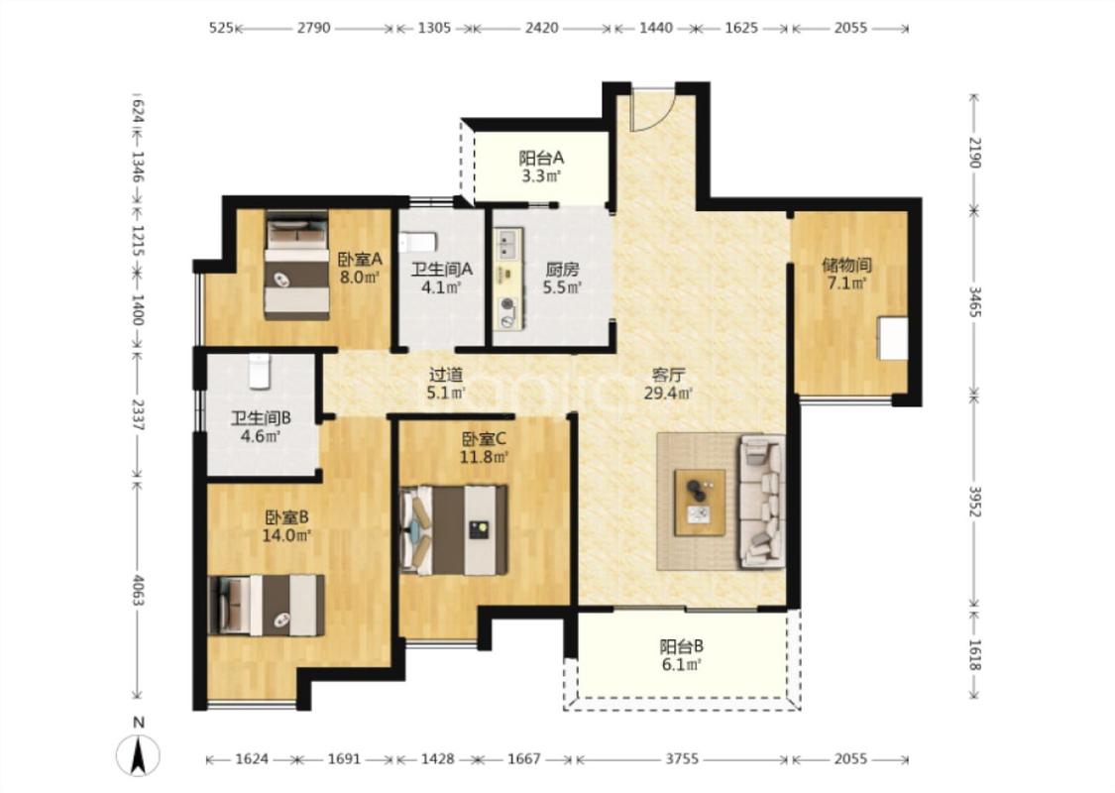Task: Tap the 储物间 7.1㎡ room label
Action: tap(846, 274)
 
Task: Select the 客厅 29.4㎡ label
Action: tap(668, 384)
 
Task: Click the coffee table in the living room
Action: tap(700, 503)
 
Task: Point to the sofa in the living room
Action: tap(761, 502)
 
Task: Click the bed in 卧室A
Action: tap(297, 265)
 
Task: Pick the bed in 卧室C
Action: tap(454, 530)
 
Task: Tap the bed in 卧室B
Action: tap(267, 606)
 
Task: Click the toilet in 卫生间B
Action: tap(260, 372)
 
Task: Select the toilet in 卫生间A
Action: tap(417, 243)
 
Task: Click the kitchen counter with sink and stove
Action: tap(509, 279)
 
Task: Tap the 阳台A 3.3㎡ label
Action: tap(541, 167)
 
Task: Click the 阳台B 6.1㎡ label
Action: tap(681, 656)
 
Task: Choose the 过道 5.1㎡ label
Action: tap(447, 383)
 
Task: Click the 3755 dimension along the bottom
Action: tap(681, 759)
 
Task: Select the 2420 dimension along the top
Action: tap(542, 28)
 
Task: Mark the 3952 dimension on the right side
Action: tap(975, 503)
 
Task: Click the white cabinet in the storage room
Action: tap(893, 339)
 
